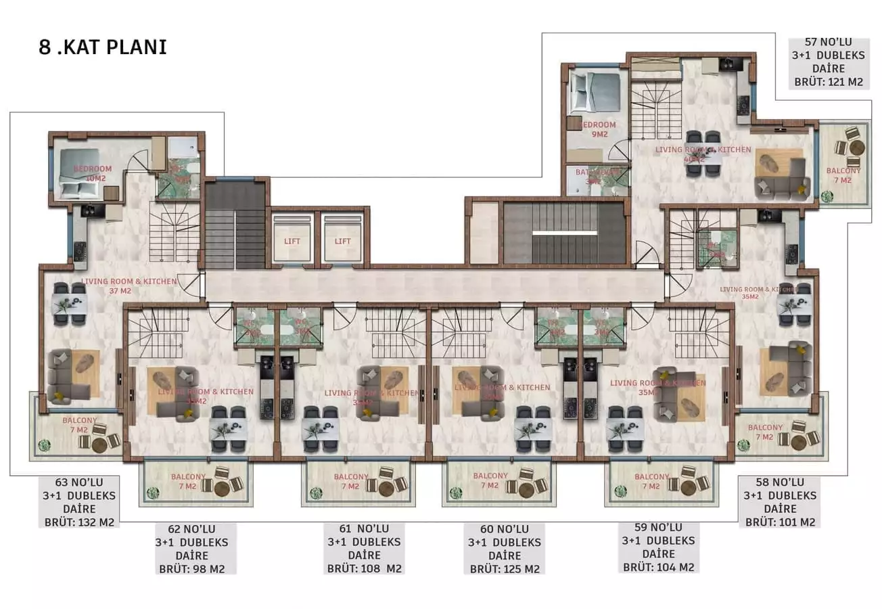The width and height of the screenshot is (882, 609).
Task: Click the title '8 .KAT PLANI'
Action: tap(103, 48)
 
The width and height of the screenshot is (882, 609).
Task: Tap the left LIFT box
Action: tap(292, 240)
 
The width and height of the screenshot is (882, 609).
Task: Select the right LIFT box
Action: tap(342, 240)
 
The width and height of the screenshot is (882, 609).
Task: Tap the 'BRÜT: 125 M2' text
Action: tap(505, 568)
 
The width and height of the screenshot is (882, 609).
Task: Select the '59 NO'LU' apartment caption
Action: tap(659, 527)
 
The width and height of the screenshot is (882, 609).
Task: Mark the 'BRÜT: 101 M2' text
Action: tap(780, 522)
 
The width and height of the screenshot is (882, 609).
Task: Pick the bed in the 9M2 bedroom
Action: tap(595, 93)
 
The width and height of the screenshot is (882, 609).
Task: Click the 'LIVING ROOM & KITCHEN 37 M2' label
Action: tap(129, 286)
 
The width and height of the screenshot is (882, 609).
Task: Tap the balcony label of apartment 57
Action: tap(843, 175)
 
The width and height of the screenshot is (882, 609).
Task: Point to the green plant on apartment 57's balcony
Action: tap(827, 197)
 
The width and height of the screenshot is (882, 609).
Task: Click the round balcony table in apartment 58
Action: tap(797, 441)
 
